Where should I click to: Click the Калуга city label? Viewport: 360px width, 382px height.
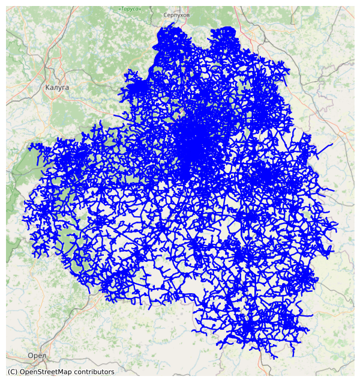tap(57, 87)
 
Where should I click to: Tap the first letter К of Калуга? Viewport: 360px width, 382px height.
tap(47, 87)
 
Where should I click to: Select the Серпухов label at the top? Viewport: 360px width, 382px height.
tap(176, 14)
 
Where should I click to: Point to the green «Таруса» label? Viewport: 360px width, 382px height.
tap(130, 9)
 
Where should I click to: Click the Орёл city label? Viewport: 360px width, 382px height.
tap(37, 356)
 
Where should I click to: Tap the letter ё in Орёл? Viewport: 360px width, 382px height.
tap(40, 356)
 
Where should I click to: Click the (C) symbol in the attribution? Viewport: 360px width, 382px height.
tap(12, 372)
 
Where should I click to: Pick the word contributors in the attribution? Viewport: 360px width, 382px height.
tap(95, 372)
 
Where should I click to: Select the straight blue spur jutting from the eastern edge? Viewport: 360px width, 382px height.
tap(327, 147)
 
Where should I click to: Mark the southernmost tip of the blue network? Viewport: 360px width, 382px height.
tap(275, 358)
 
